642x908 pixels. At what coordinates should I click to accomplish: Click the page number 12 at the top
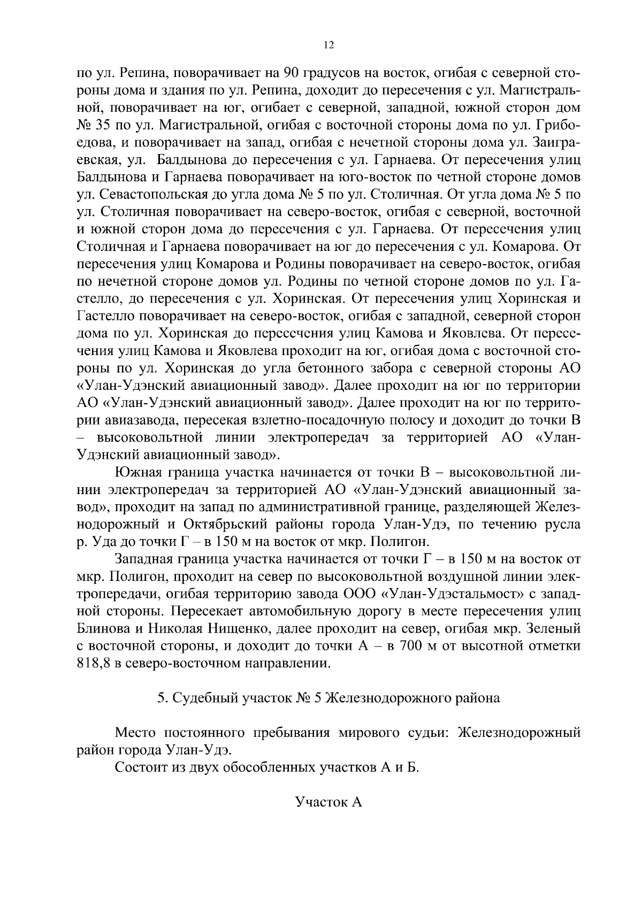tap(329, 45)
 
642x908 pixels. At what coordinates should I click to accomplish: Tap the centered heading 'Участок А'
tap(328, 802)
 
